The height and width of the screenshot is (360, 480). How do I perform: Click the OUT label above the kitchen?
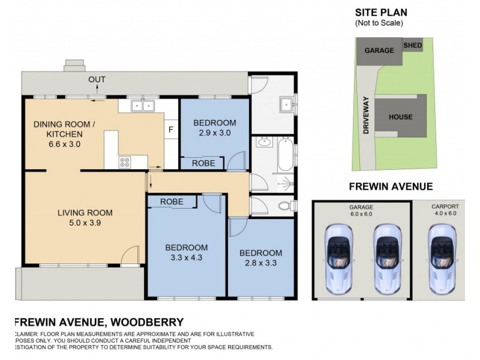(x=97, y=80)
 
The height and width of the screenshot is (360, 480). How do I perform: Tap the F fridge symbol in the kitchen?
(x=170, y=128)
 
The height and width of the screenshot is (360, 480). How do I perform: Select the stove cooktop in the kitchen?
(x=126, y=161)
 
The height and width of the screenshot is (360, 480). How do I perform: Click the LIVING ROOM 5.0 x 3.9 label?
(x=82, y=217)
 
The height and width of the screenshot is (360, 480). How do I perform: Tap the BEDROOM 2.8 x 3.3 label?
(x=260, y=257)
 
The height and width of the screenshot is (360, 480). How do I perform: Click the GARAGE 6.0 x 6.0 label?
(x=361, y=209)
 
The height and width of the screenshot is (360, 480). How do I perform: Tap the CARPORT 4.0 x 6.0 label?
(x=445, y=209)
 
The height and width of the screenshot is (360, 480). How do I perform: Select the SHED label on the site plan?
(x=412, y=46)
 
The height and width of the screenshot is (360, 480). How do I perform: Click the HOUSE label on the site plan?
(x=400, y=117)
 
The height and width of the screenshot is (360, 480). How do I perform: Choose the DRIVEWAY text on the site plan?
(x=365, y=118)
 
